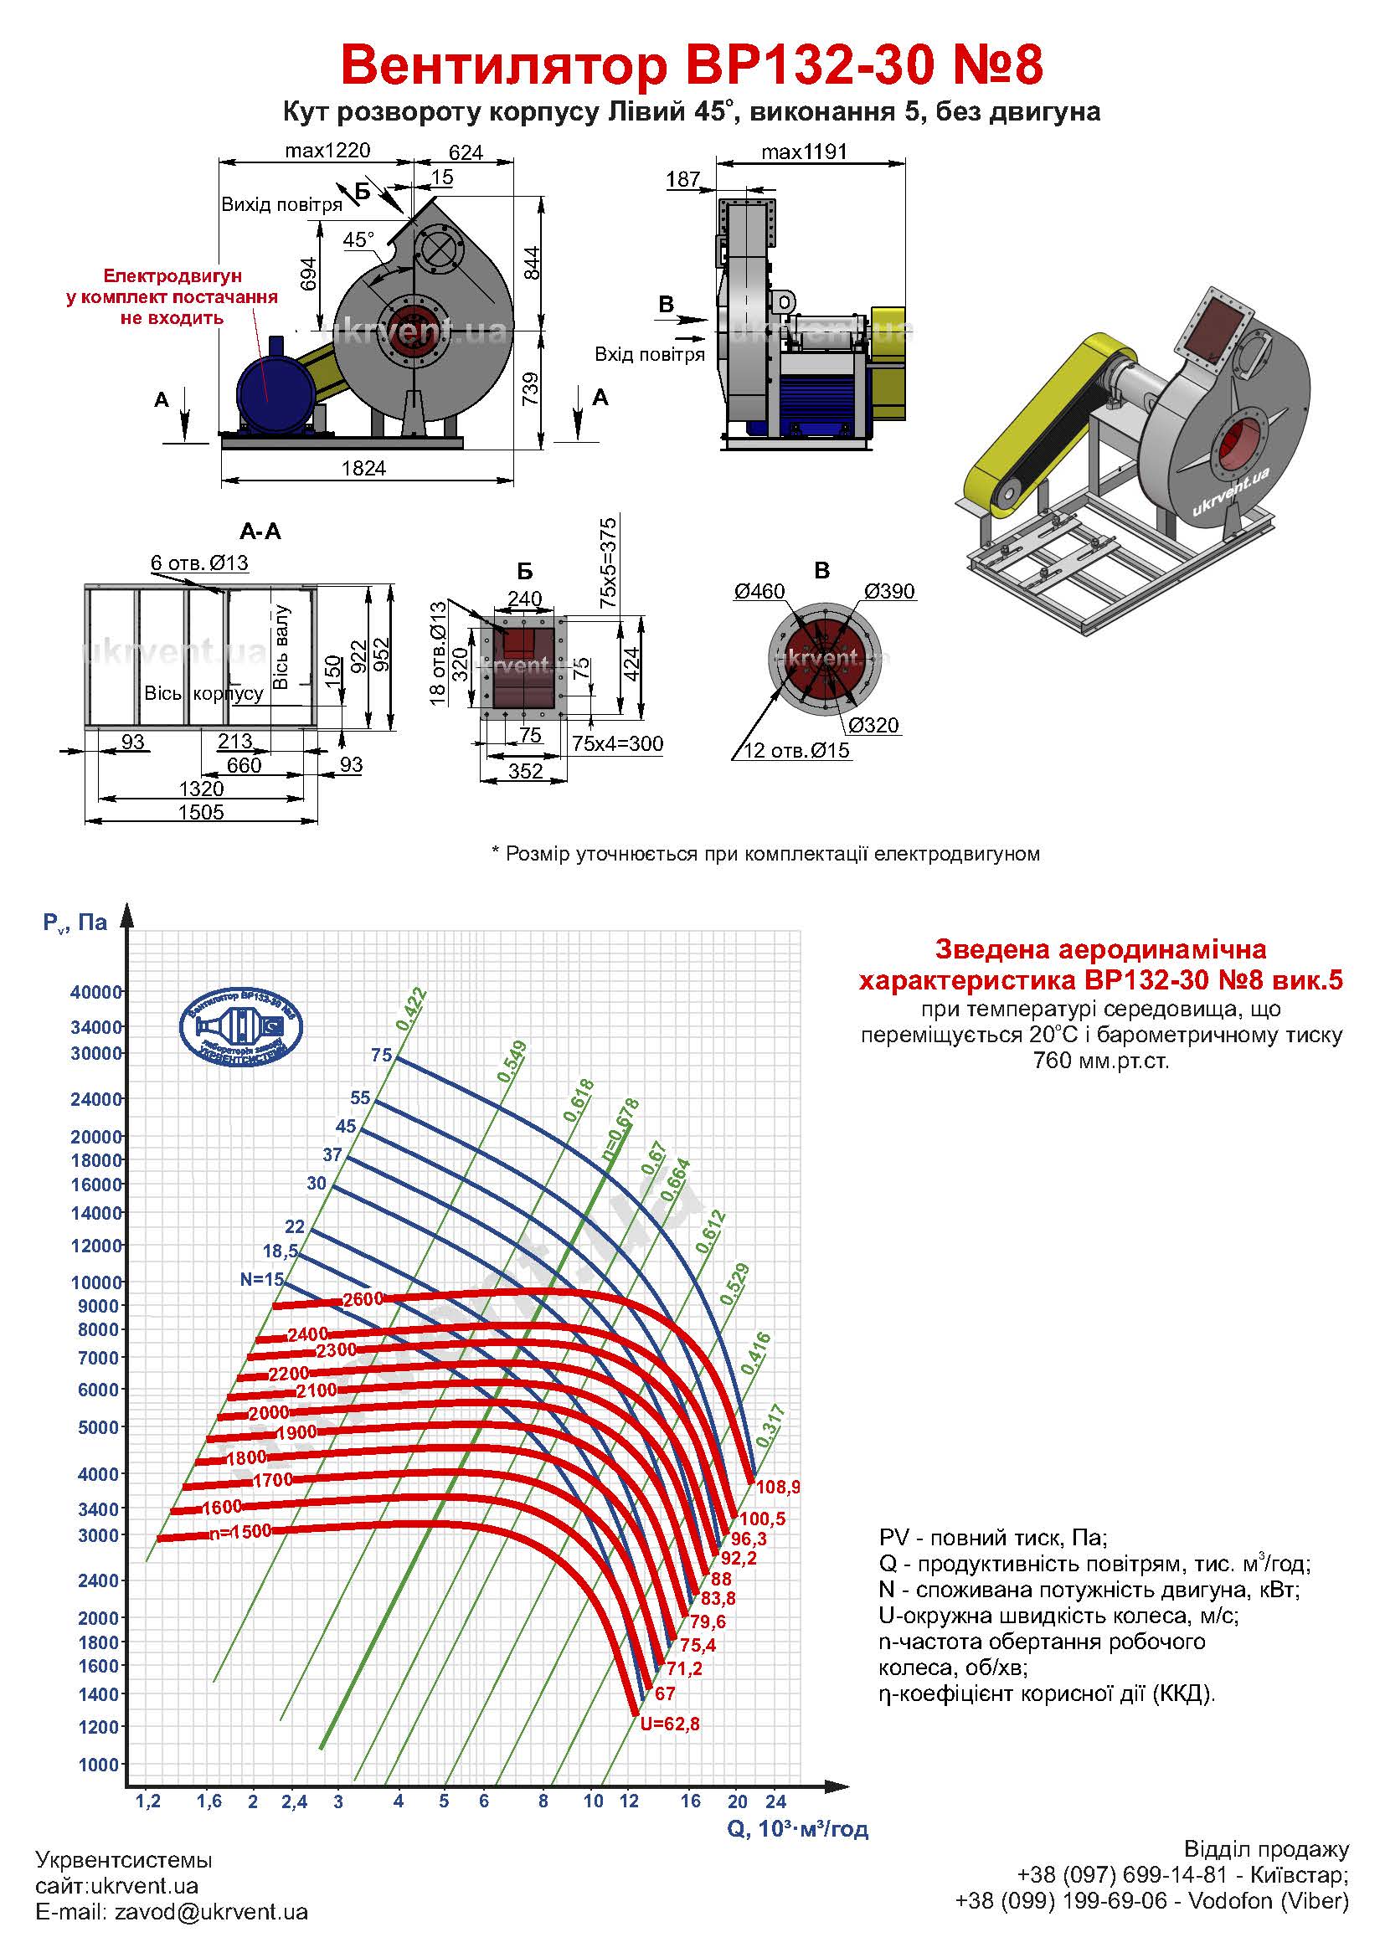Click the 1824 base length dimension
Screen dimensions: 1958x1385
pos(363,468)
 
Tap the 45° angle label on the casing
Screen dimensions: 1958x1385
pos(359,240)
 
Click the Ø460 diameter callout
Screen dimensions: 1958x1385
pos(758,591)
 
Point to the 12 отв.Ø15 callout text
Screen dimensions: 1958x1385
pos(797,750)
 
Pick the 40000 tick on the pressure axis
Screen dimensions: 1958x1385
pos(96,992)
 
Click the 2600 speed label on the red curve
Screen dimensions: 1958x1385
pos(363,1300)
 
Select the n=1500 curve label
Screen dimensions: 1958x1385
pos(240,1532)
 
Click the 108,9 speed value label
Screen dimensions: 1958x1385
pos(777,1488)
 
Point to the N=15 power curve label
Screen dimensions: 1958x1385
pos(262,1280)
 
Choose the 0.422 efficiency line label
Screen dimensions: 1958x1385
pos(411,1009)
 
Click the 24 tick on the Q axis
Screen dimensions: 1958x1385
pos(775,1801)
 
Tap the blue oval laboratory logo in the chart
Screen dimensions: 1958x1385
pos(241,1027)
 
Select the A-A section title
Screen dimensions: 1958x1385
pos(260,532)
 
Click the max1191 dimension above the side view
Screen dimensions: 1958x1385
pos(803,152)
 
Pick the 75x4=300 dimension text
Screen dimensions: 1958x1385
pos(617,743)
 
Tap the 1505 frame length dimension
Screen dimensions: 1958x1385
pos(201,812)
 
